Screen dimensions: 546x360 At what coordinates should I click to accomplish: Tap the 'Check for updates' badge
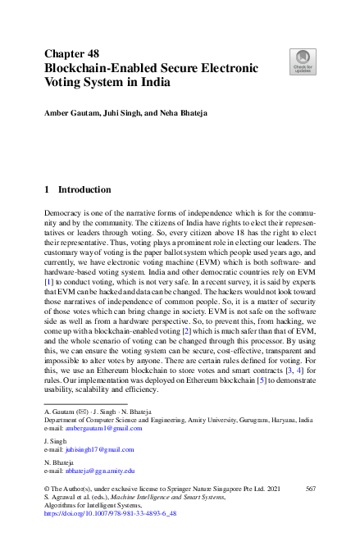303,61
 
